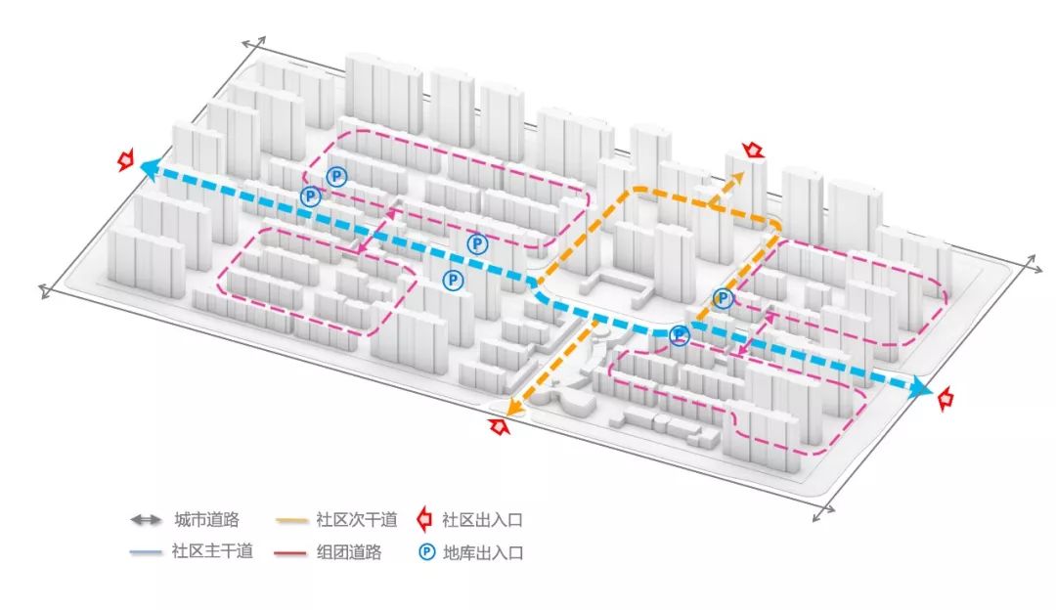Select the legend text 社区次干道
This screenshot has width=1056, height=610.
tap(349, 520)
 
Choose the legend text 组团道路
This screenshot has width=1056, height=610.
tap(349, 552)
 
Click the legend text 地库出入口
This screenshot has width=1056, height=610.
tap(483, 552)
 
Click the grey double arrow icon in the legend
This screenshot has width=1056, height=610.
tap(146, 520)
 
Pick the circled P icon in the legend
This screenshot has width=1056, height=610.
tap(426, 552)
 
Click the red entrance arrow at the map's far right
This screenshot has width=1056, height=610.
tap(945, 398)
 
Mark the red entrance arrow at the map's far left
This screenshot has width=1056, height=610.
tap(125, 160)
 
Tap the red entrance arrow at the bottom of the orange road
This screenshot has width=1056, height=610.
tap(500, 425)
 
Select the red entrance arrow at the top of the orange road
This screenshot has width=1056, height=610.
tap(753, 150)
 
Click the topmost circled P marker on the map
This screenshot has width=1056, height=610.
tap(336, 176)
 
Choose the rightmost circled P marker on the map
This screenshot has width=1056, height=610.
tap(723, 299)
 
